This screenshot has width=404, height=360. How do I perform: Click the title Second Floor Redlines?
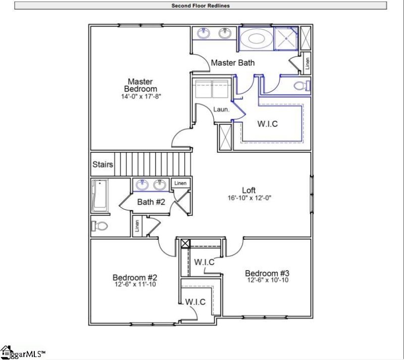tap(201, 6)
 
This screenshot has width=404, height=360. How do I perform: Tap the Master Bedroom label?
tap(140, 85)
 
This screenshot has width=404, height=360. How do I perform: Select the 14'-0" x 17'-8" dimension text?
tap(140, 96)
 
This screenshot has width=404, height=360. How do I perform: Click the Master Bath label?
tap(232, 63)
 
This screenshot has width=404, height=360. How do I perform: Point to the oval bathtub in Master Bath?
tap(255, 38)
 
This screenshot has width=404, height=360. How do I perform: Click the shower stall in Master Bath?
tap(285, 38)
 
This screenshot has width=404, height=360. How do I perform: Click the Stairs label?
tap(103, 165)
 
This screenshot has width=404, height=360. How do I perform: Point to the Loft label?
tap(249, 190)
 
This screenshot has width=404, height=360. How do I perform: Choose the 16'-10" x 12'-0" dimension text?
tap(249, 198)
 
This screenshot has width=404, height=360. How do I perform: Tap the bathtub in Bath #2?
tap(99, 196)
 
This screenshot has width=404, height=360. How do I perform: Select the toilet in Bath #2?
tap(100, 226)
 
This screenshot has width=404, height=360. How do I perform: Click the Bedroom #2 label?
tap(135, 277)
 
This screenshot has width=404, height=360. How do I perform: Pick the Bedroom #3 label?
tap(267, 273)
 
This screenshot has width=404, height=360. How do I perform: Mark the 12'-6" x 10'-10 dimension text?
tap(267, 280)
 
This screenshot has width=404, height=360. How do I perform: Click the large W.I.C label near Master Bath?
tap(268, 123)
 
